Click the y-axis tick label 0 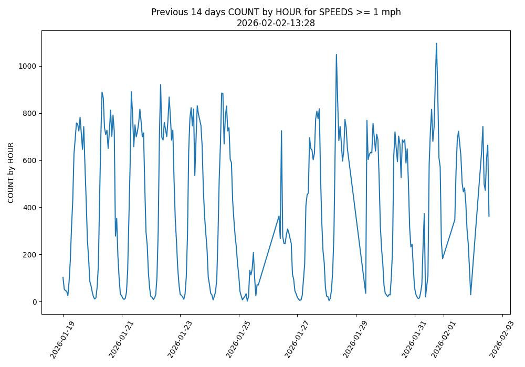point(35,302)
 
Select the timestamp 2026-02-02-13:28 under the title point(276,23)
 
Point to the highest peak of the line point(436,44)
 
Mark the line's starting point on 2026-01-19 point(63,277)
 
